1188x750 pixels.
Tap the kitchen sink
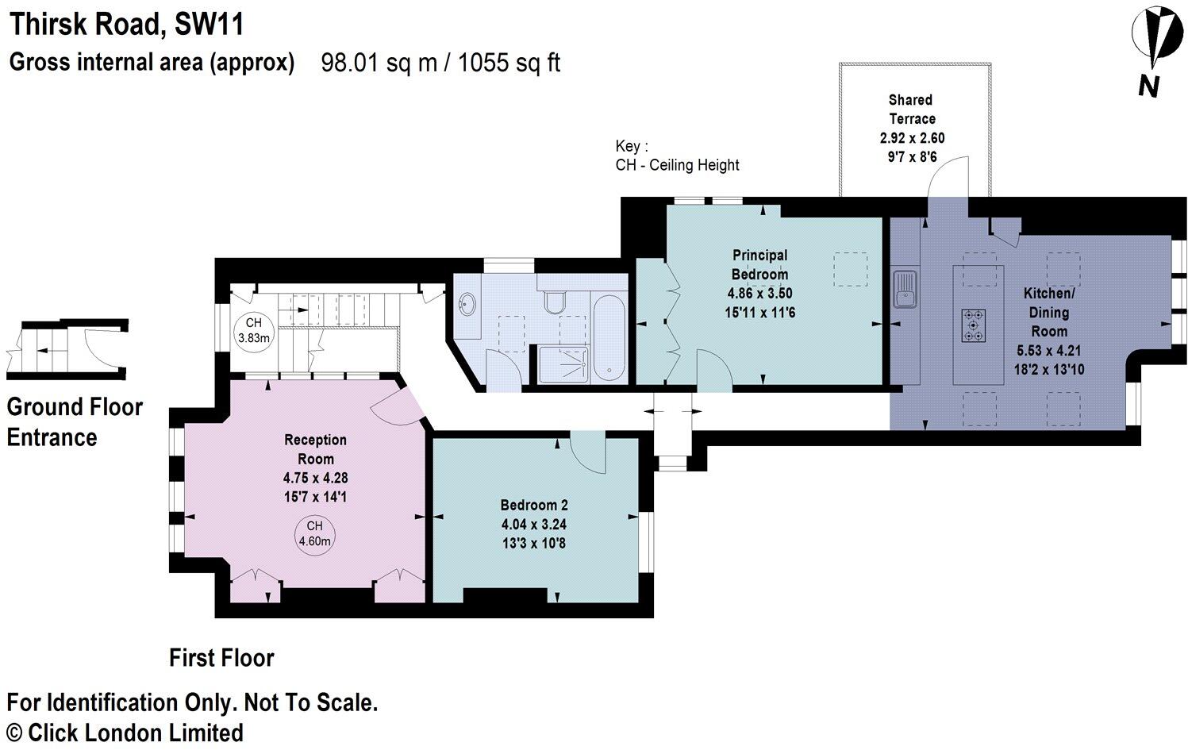904,288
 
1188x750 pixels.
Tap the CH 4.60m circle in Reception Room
314,534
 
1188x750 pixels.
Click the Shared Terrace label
911,110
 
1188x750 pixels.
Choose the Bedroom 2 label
533,505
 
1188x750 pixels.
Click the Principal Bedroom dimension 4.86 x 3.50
759,294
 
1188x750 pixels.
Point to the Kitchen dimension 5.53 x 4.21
1048,351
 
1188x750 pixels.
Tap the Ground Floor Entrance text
74,421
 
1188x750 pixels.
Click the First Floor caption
221,658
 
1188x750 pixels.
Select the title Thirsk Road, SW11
126,25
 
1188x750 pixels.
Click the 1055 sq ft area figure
509,63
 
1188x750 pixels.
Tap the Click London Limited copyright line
125,732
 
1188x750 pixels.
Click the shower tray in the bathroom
563,365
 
